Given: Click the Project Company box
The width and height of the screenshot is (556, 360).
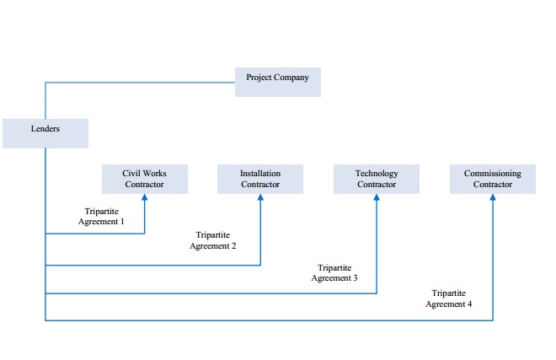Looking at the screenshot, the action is (278, 82).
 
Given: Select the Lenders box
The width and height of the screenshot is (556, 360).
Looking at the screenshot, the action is (45, 133).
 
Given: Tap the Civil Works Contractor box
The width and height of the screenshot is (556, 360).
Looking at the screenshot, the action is (145, 179).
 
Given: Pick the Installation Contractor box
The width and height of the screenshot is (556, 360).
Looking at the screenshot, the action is (260, 179).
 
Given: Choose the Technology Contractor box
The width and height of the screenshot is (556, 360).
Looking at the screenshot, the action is (377, 179).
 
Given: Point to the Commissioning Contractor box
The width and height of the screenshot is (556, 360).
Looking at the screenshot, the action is (493, 179).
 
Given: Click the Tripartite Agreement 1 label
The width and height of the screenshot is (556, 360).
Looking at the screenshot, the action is (101, 216).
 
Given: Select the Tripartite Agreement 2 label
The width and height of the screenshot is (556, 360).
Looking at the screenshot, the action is (213, 240).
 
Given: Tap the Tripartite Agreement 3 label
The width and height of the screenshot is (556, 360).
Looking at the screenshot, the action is (334, 272).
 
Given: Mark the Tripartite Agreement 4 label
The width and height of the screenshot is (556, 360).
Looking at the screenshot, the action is (449, 298).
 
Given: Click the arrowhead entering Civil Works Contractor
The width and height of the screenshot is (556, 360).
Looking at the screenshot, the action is (145, 197).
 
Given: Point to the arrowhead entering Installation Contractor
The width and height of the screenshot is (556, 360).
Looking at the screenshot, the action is (260, 197).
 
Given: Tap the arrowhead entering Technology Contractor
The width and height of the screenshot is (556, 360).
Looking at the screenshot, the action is (377, 197).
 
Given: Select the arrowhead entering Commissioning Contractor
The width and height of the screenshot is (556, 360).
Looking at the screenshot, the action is (493, 197).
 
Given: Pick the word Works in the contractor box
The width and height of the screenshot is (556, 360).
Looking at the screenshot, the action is (154, 173).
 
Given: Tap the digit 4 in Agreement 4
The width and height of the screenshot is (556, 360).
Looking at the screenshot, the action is (469, 304).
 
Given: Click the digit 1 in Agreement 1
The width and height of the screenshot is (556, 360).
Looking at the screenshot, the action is (122, 222).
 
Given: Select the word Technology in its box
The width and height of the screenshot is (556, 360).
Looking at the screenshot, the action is (377, 174).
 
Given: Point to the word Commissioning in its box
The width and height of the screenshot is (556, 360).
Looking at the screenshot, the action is (493, 174).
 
